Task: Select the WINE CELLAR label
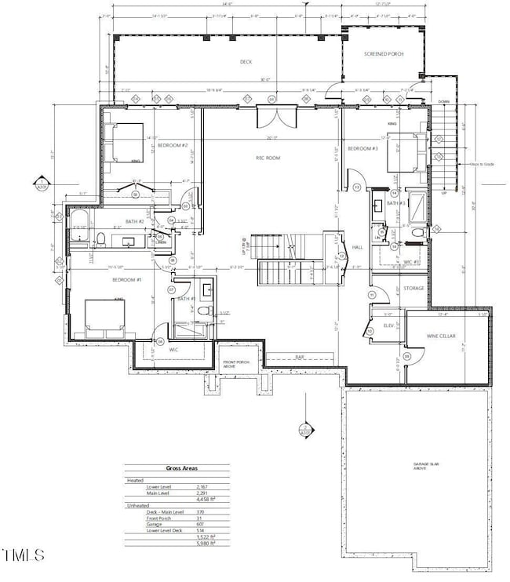pos(441,336)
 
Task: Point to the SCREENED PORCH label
pos(383,54)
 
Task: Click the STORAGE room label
pos(413,289)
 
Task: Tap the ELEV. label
pos(388,325)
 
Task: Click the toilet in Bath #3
pos(417,233)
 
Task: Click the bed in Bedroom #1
pos(104,317)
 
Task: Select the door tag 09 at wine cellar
pos(406,357)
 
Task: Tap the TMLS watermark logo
pos(24,556)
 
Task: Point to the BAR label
pos(300,357)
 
